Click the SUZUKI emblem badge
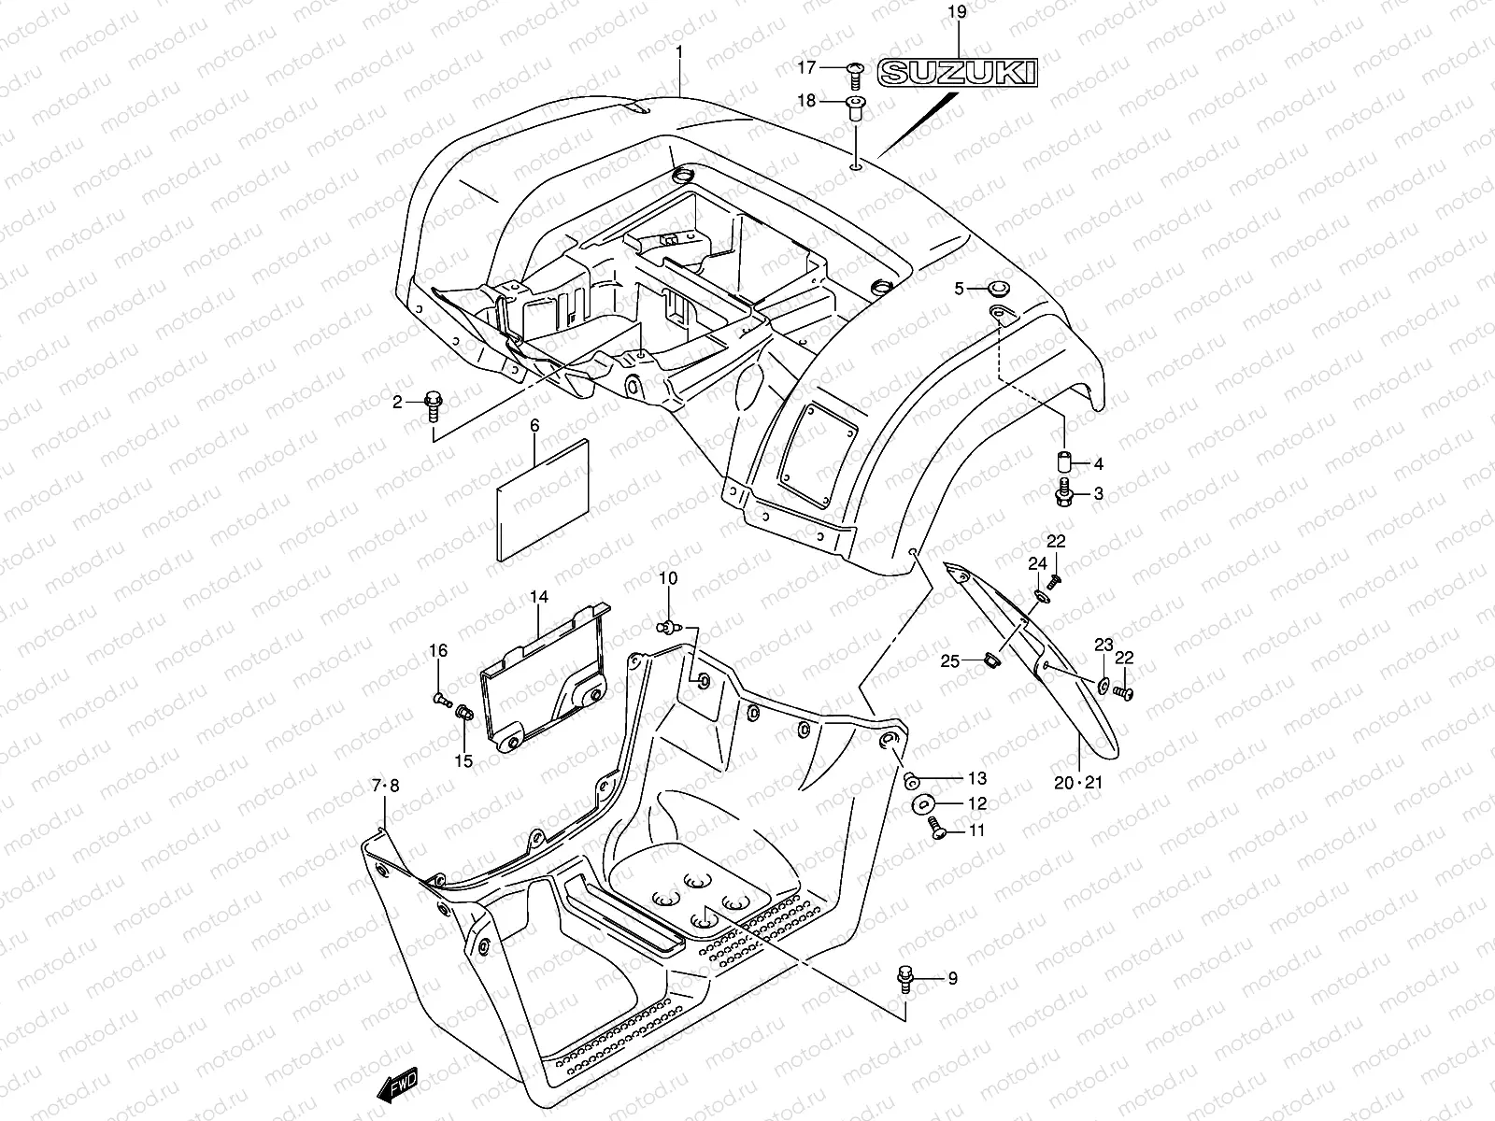point(958,73)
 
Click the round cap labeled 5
point(1000,289)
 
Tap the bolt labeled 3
point(1065,493)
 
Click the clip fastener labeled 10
point(669,626)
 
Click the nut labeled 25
point(994,661)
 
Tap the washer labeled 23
point(1105,685)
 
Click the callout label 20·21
point(1078,783)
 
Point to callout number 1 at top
point(679,52)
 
